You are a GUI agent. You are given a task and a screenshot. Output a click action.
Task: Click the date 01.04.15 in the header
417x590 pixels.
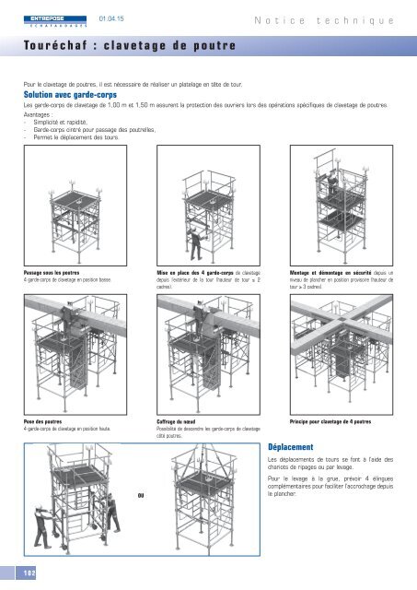[x=111, y=18]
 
